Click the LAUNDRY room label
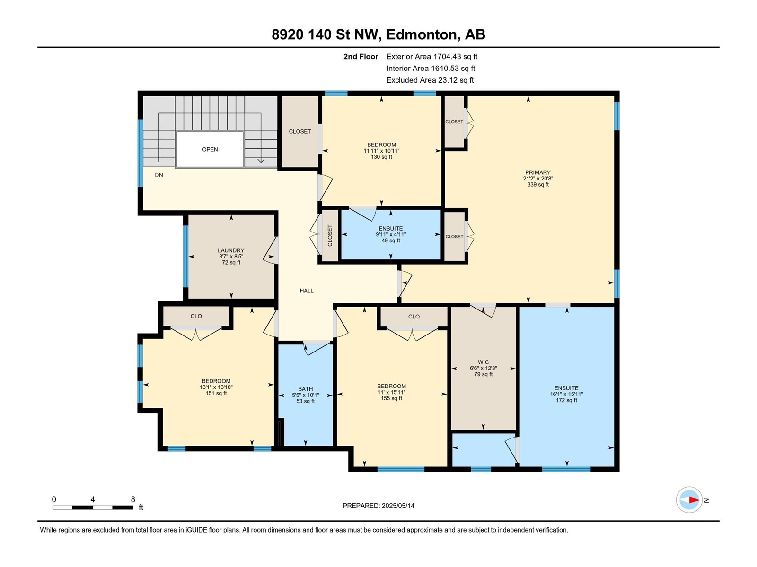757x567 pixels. (x=231, y=251)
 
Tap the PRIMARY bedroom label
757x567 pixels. (x=537, y=173)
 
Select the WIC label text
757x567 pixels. (x=483, y=362)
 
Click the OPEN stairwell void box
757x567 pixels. (x=210, y=149)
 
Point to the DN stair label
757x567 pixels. (x=159, y=175)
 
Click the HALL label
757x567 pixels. (x=307, y=291)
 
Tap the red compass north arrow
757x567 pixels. (x=693, y=500)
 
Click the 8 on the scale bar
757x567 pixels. (x=133, y=499)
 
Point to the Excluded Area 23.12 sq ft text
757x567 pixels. (x=430, y=80)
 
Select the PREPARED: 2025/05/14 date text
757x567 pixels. (x=378, y=506)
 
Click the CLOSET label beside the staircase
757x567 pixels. (x=300, y=132)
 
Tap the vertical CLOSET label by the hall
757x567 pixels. (x=330, y=235)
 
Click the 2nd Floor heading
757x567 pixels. (x=361, y=57)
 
